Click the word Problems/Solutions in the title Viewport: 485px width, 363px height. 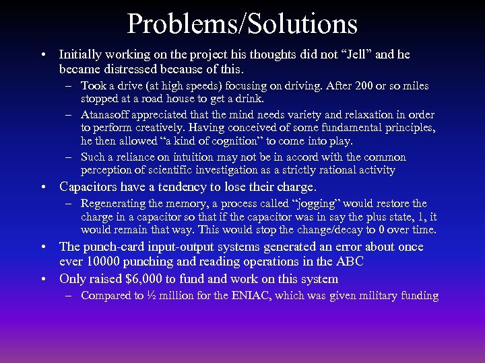(x=242, y=24)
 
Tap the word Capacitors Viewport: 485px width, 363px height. (x=92, y=186)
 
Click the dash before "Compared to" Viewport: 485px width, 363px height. (x=69, y=296)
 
